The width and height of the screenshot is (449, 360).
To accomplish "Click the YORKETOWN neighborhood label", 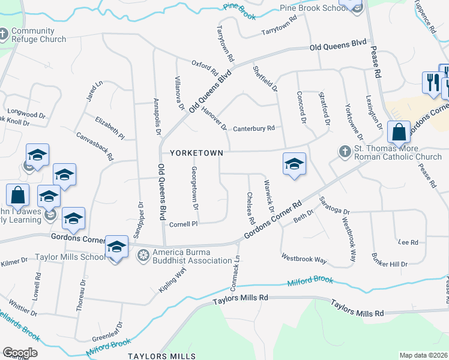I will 196,153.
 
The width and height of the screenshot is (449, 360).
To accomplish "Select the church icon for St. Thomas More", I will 345,151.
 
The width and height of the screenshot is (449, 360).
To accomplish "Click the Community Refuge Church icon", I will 4,35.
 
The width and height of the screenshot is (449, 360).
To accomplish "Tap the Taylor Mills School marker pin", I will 116,248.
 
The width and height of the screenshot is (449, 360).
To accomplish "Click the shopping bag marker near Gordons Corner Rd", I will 399,133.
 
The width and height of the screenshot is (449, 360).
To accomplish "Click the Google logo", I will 20,352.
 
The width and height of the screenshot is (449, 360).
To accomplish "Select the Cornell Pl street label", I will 183,224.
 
